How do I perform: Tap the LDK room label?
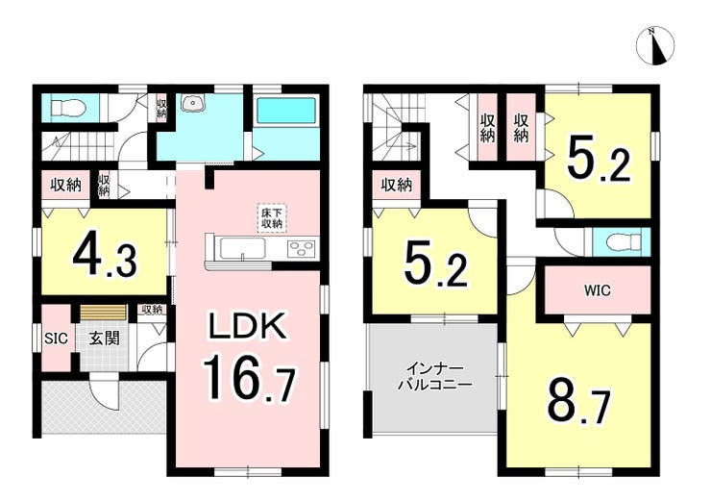[247, 325]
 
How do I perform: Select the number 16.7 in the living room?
[249, 379]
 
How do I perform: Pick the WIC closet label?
[598, 290]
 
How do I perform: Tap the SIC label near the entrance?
[57, 339]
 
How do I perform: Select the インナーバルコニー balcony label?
[435, 377]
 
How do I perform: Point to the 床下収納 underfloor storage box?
[272, 218]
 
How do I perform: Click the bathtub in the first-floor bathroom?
[286, 113]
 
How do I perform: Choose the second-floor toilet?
[623, 241]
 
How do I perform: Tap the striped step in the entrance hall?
[104, 313]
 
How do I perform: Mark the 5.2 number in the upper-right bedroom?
[599, 160]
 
